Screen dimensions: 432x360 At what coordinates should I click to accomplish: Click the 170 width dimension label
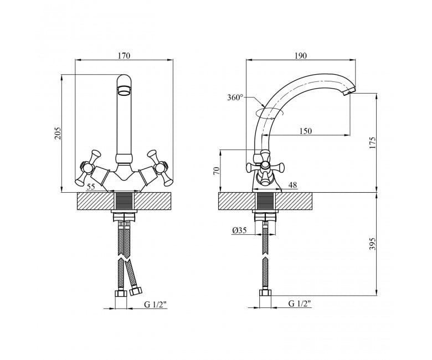tap(124, 55)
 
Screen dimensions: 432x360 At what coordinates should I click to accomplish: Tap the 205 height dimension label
tap(58, 133)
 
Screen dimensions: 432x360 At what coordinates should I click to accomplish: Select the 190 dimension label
tap(301, 55)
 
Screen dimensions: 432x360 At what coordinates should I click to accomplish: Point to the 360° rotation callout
tap(235, 97)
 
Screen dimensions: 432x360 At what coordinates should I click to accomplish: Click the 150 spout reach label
tap(306, 131)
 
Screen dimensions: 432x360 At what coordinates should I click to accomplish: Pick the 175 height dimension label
tap(372, 142)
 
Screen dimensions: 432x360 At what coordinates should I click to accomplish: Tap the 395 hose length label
tap(372, 244)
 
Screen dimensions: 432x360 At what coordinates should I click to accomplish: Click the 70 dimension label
tap(217, 171)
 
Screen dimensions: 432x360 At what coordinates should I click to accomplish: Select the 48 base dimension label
tap(293, 185)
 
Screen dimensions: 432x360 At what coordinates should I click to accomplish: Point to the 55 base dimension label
tap(91, 187)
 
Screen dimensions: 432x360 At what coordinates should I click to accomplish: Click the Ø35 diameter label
tap(239, 230)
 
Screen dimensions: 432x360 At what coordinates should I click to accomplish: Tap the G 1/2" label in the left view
tap(156, 305)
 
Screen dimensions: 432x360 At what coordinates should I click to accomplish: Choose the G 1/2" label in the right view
tap(300, 304)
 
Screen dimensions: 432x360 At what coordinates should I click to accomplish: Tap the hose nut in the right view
tap(265, 293)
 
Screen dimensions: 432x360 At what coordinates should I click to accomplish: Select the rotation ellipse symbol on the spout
tap(269, 113)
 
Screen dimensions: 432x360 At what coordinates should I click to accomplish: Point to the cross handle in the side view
tap(265, 167)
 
